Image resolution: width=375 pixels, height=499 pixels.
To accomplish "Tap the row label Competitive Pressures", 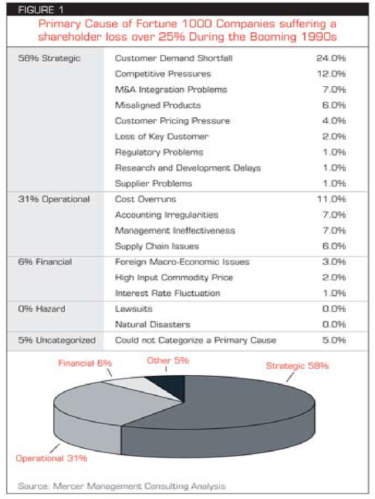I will (163, 74).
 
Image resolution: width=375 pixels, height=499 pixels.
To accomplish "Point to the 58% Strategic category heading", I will (49, 58).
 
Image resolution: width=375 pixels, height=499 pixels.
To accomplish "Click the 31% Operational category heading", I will (54, 199).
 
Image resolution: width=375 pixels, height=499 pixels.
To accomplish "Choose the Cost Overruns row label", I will (146, 199).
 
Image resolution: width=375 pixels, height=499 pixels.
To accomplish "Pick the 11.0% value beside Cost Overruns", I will (331, 199).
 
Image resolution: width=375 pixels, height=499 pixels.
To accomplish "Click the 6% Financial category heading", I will (45, 262).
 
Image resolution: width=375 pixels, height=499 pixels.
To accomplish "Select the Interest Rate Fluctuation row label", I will (167, 293).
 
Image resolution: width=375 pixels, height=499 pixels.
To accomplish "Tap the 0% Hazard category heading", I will (42, 309).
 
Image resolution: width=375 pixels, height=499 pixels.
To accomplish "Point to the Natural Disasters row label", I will (153, 325).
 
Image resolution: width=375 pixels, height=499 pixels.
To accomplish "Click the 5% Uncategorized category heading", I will (57, 340).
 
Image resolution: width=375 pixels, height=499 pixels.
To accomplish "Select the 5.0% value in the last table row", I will (334, 340).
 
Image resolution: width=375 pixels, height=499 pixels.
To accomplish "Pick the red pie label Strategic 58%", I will (297, 366).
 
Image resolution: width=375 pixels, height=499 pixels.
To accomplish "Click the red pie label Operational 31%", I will (51, 458).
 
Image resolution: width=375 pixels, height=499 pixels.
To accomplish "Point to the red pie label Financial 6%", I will (85, 364).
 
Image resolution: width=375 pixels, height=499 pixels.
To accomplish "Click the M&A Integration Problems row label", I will (171, 90).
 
